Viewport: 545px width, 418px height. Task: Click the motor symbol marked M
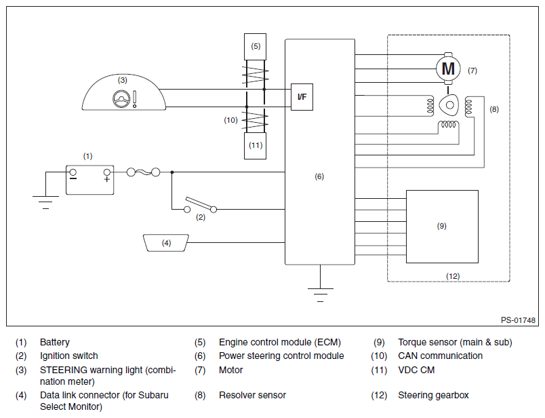pos(448,69)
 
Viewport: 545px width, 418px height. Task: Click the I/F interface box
pos(302,97)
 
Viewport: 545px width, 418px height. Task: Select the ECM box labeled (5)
pos(255,47)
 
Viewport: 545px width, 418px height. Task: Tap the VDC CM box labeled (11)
pos(255,146)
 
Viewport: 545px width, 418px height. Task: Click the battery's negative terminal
pos(73,172)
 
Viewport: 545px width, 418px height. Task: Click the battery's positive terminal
pos(107,172)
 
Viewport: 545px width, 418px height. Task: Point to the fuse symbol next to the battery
pos(143,172)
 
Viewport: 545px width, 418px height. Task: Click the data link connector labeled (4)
pos(166,243)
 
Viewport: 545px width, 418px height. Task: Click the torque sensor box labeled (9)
pos(442,227)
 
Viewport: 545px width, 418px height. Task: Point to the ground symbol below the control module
pos(320,294)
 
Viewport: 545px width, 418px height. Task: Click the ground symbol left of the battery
pos(45,202)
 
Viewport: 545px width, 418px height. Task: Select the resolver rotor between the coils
pos(449,104)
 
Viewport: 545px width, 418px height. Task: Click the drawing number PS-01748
pos(518,320)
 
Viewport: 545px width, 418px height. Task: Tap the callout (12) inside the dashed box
pos(453,276)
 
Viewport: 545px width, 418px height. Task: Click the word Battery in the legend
pos(55,343)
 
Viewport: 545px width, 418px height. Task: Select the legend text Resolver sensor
pos(252,396)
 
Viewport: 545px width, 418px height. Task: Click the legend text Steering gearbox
pos(433,396)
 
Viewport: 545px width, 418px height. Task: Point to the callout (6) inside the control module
pos(319,177)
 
